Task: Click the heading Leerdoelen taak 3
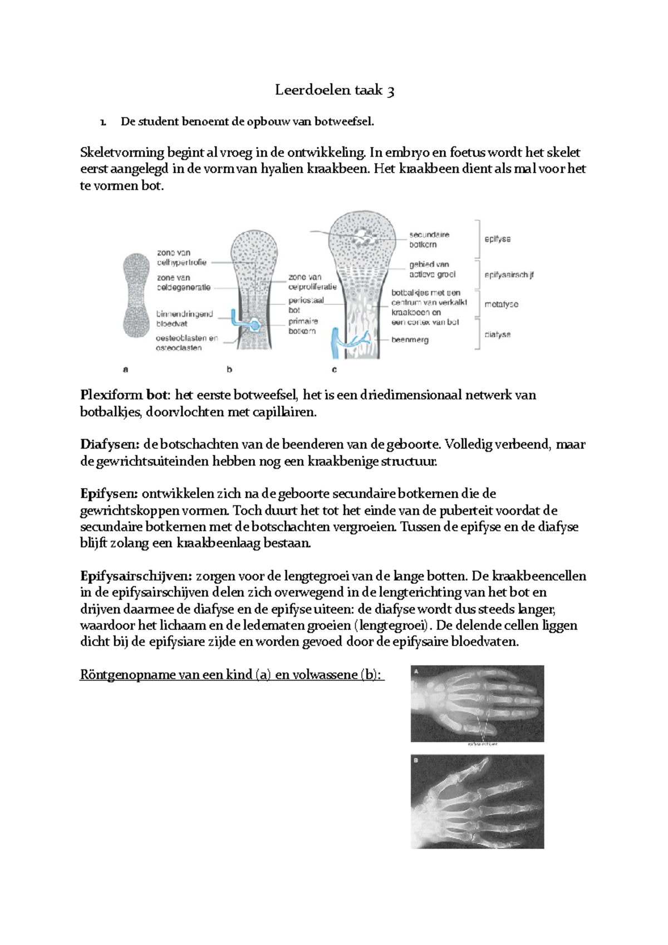click(x=335, y=90)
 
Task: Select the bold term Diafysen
click(x=110, y=445)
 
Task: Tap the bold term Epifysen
click(x=109, y=494)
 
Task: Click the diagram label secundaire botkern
click(x=429, y=240)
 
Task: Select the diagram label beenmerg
click(x=410, y=339)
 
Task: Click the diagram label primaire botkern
click(x=303, y=326)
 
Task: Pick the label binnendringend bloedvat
click(x=184, y=319)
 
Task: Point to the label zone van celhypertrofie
click(x=181, y=258)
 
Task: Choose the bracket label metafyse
click(x=501, y=304)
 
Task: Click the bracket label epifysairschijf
click(x=509, y=275)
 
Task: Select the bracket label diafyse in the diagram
click(x=497, y=334)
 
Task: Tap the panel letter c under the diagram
click(x=334, y=369)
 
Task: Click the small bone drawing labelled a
click(x=136, y=295)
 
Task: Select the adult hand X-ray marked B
click(x=477, y=801)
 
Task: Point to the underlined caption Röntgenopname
click(x=127, y=675)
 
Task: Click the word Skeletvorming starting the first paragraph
click(x=122, y=152)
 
